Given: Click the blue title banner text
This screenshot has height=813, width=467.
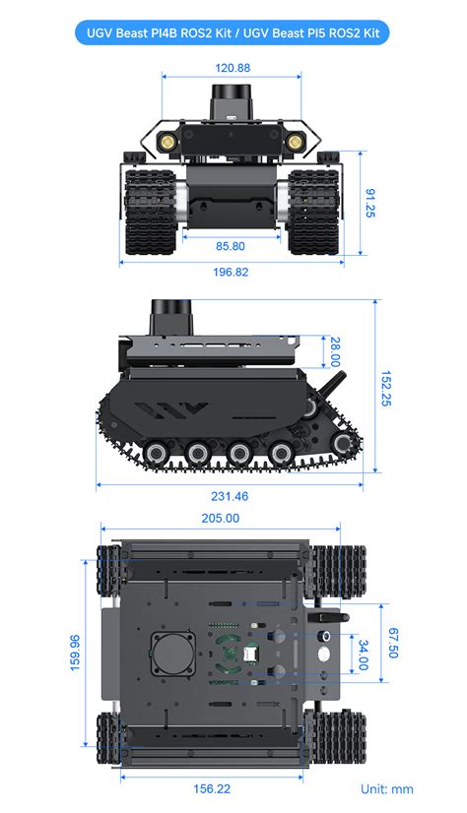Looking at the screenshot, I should click(x=233, y=32).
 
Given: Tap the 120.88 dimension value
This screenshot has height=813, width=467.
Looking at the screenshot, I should click(x=232, y=69).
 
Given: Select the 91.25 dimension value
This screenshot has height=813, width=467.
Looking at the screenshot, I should click(x=369, y=203).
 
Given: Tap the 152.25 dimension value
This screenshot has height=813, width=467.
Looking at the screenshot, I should click(x=386, y=389).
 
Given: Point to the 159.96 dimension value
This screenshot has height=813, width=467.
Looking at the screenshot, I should click(x=76, y=652).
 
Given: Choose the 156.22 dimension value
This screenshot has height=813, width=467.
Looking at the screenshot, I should click(x=212, y=788).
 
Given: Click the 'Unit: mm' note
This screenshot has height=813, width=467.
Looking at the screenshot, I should click(x=386, y=788).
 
